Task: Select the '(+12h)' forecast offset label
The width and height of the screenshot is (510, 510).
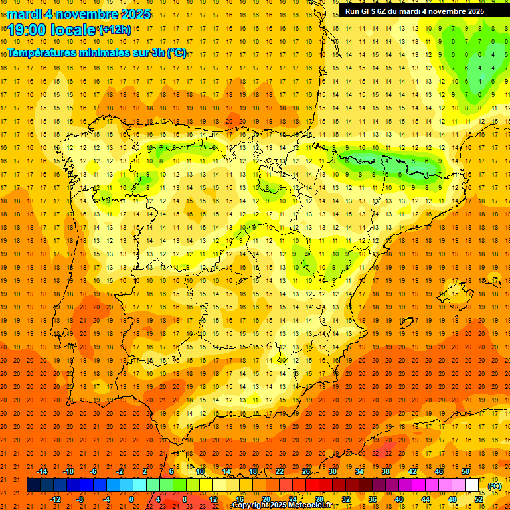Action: coord(115,29)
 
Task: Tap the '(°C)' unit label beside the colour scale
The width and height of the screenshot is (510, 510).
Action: coord(495,486)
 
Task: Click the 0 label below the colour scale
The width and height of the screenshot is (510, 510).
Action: coord(131,499)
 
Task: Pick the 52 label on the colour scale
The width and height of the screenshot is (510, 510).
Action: coord(479,499)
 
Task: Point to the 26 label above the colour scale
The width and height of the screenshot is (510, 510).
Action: coord(306,471)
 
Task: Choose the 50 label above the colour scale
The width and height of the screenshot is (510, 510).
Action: coord(466,471)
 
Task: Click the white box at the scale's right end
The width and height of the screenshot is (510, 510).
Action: coord(472,485)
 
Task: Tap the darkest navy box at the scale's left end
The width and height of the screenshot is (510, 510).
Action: coord(34,485)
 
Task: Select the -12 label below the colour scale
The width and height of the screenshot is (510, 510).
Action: coord(55,499)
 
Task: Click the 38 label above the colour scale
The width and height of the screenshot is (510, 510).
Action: coord(386,471)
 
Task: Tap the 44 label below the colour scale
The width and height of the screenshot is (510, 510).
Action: coord(426,499)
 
